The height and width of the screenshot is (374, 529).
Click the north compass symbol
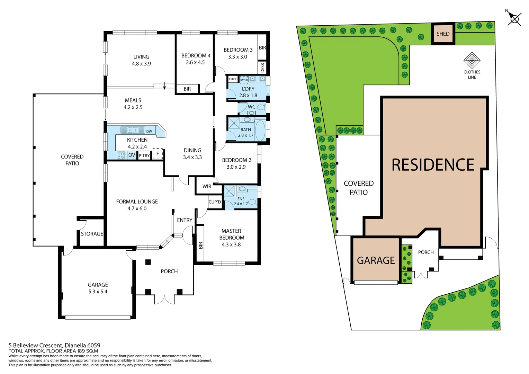pyautogui.click(x=514, y=19)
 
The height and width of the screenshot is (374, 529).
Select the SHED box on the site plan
pyautogui.click(x=443, y=34)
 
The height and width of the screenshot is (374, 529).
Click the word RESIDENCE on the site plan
pyautogui.click(x=433, y=165)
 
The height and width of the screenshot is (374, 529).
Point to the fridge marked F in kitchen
pyautogui.click(x=158, y=154)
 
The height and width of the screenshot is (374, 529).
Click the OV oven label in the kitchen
pyautogui.click(x=132, y=155)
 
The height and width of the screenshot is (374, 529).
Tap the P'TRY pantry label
pyautogui.click(x=144, y=156)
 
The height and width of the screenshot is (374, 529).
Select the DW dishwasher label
pyautogui.click(x=149, y=131)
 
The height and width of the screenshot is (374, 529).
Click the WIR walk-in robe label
pyautogui.click(x=207, y=186)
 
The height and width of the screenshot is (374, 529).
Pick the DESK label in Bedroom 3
pyautogui.click(x=262, y=67)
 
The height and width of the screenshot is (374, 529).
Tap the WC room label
pyautogui.click(x=251, y=107)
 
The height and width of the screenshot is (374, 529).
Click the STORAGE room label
pyautogui.click(x=92, y=234)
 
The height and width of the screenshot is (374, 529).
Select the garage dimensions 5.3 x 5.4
pyautogui.click(x=98, y=292)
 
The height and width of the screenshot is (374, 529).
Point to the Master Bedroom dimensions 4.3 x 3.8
pyautogui.click(x=231, y=244)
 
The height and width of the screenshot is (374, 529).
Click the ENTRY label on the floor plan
pyautogui.click(x=185, y=220)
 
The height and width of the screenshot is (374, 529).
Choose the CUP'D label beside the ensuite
pyautogui.click(x=215, y=202)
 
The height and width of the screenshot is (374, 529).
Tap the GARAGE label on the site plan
pyautogui.click(x=376, y=260)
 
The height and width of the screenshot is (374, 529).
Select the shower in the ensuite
pyautogui.click(x=229, y=192)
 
